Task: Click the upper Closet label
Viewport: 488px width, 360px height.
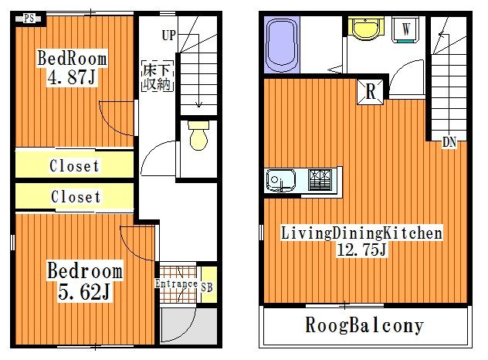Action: click(74, 165)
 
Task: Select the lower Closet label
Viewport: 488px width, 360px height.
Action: click(76, 197)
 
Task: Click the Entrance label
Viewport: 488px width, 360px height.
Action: click(176, 284)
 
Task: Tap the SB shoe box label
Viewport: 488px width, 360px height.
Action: click(207, 288)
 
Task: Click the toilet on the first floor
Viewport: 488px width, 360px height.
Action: click(198, 137)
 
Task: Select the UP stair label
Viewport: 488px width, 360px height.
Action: click(169, 35)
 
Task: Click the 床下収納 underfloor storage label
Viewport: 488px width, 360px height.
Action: click(156, 76)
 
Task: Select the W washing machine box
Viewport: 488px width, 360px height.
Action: click(405, 29)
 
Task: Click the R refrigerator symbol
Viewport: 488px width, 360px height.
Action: click(371, 91)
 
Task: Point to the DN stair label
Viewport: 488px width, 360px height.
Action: click(449, 142)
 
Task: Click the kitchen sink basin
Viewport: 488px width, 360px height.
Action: click(280, 181)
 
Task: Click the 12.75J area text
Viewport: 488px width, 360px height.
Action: click(361, 250)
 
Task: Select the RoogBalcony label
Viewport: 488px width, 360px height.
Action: click(364, 326)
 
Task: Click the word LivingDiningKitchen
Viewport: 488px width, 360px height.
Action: click(361, 232)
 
